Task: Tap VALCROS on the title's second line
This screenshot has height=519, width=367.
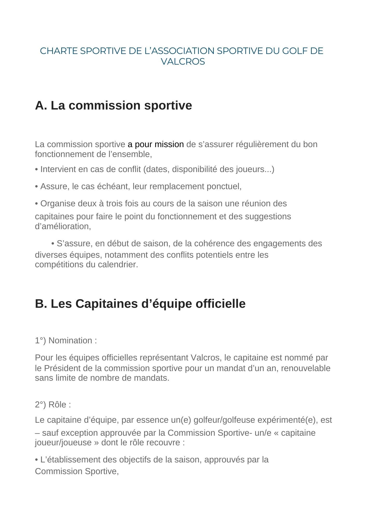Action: [x=183, y=62]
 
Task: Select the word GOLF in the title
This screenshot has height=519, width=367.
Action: [x=295, y=51]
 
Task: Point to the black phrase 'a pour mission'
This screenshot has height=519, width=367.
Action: [x=156, y=144]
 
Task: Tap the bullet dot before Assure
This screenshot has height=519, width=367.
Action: [x=37, y=187]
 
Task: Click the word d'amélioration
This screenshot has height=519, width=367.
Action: [x=63, y=227]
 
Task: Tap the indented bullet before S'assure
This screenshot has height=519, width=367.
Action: [x=53, y=244]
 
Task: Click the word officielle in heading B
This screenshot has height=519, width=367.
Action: [x=220, y=304]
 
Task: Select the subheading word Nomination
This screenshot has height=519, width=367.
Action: [x=70, y=340]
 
